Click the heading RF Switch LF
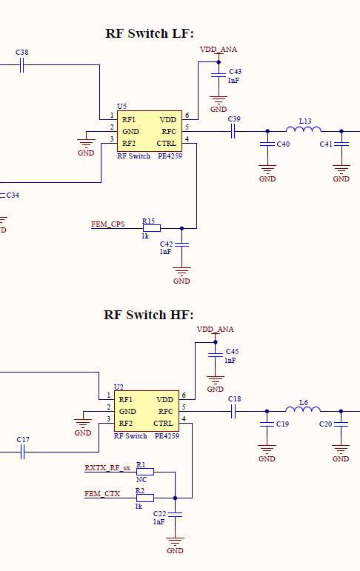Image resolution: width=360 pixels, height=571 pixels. [x=150, y=33]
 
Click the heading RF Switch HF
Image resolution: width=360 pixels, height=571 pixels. [x=149, y=315]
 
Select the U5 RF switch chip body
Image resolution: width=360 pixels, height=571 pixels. [x=149, y=131]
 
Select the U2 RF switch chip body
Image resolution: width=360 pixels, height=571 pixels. [x=146, y=411]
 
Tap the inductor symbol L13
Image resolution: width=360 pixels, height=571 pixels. [x=304, y=130]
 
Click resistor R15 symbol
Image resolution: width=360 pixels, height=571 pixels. [x=152, y=229]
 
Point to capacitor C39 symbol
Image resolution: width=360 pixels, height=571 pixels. [x=233, y=131]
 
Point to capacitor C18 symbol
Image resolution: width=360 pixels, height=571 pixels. [x=233, y=411]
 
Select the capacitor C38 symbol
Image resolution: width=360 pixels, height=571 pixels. [x=22, y=65]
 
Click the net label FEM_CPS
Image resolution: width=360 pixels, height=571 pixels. [x=107, y=224]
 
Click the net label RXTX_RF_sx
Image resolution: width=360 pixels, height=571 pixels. [x=107, y=468]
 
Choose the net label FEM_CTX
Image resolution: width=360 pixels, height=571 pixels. [x=102, y=493]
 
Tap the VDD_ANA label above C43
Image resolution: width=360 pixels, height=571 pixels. [x=219, y=49]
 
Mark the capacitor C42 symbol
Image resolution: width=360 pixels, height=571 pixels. [x=181, y=244]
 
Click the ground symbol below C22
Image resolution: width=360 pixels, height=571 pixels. [x=176, y=542]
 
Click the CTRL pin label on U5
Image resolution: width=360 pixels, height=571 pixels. [x=166, y=142]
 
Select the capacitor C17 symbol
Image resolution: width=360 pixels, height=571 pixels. [x=22, y=450]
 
